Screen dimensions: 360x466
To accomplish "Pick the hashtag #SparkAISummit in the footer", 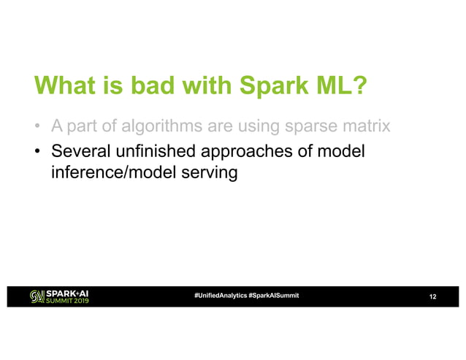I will (x=273, y=295).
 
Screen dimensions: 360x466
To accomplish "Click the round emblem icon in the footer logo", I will (x=36, y=296).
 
